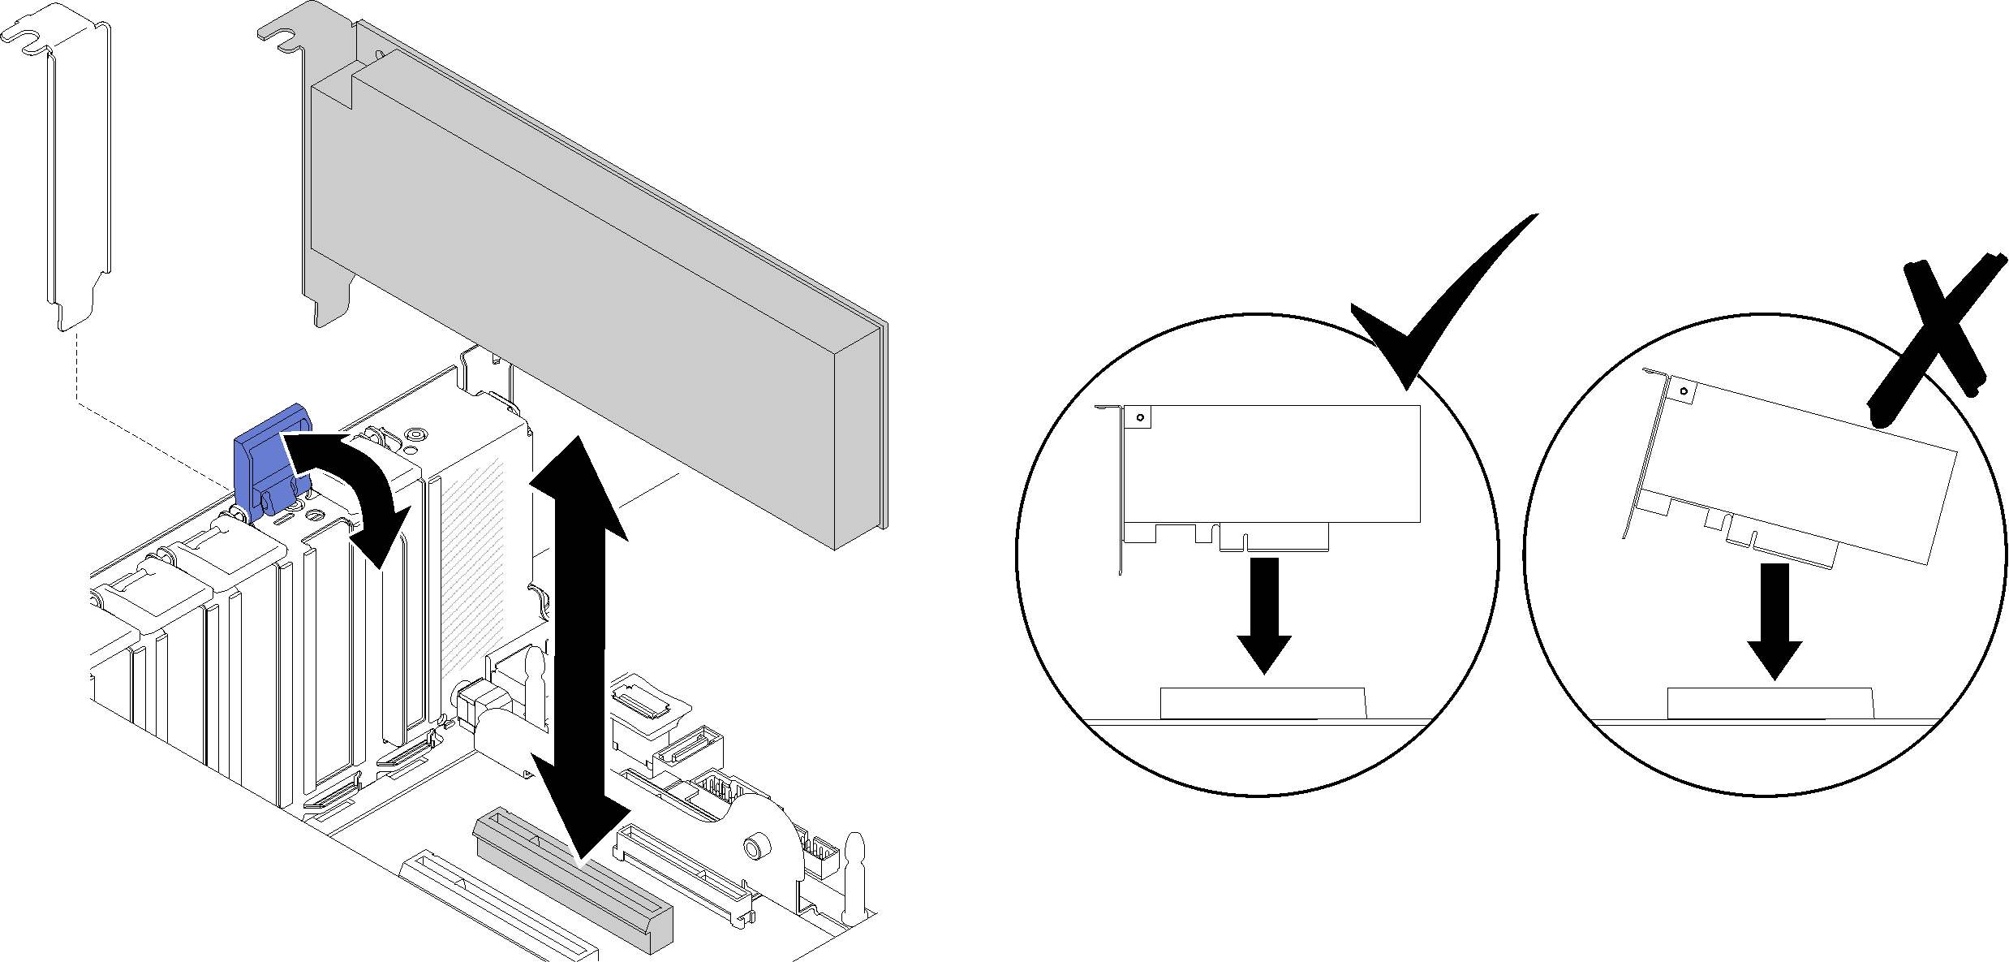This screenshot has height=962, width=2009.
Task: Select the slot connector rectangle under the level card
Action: [x=1263, y=703]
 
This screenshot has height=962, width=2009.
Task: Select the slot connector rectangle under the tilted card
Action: [x=1769, y=703]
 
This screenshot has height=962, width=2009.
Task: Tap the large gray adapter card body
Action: [x=568, y=268]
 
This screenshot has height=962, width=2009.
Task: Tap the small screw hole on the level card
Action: [x=1140, y=418]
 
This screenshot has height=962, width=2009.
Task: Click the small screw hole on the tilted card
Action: [x=1684, y=391]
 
